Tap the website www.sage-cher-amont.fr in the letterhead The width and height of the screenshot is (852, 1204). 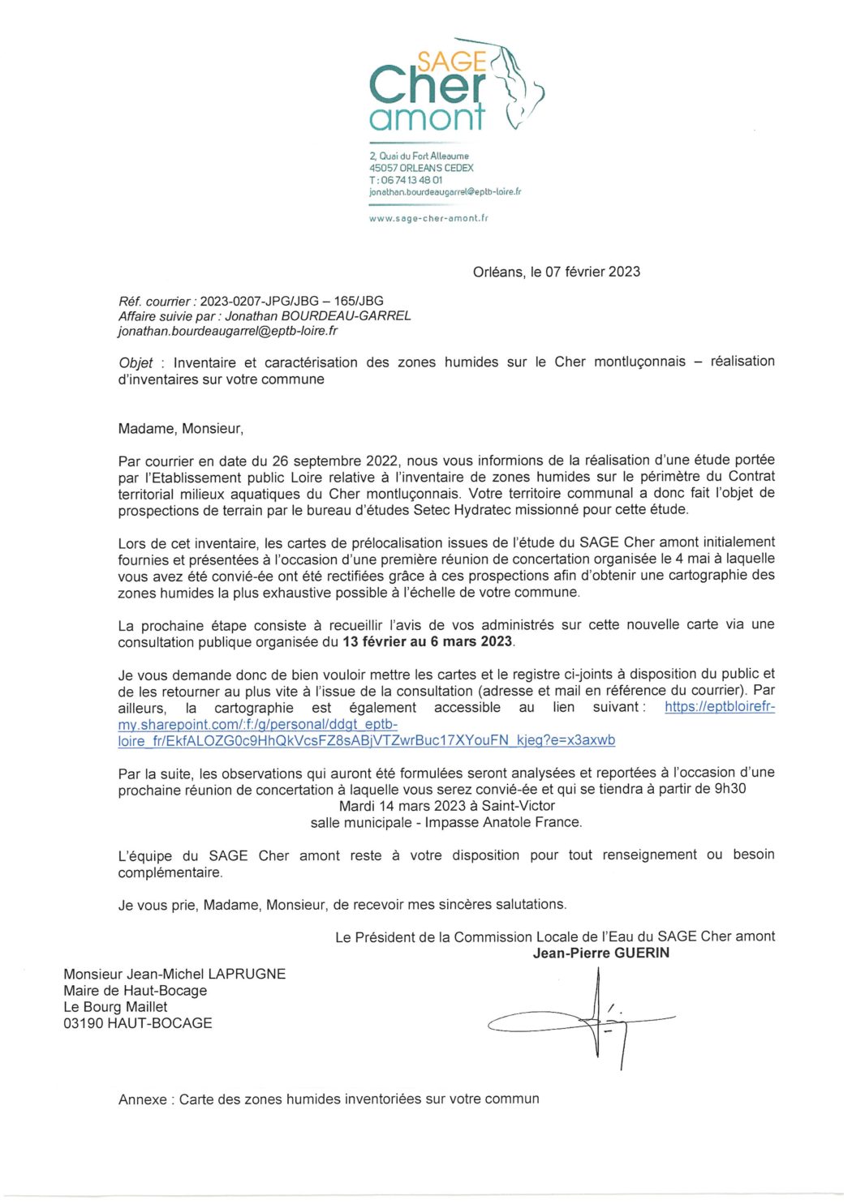[428, 218]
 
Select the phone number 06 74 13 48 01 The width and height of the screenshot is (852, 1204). [411, 180]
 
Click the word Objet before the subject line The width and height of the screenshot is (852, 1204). [136, 362]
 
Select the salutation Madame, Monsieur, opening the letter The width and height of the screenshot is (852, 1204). [180, 428]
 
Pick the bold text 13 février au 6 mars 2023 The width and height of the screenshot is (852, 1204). [427, 641]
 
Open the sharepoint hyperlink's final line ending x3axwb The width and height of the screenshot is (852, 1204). [366, 740]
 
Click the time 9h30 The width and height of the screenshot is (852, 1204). [729, 789]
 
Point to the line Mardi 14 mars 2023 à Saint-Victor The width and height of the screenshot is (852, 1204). [446, 806]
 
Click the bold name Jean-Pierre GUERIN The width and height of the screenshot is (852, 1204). [600, 953]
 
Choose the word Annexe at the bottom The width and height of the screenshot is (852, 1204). [143, 1099]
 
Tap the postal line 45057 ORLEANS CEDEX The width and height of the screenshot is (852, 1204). [421, 168]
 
